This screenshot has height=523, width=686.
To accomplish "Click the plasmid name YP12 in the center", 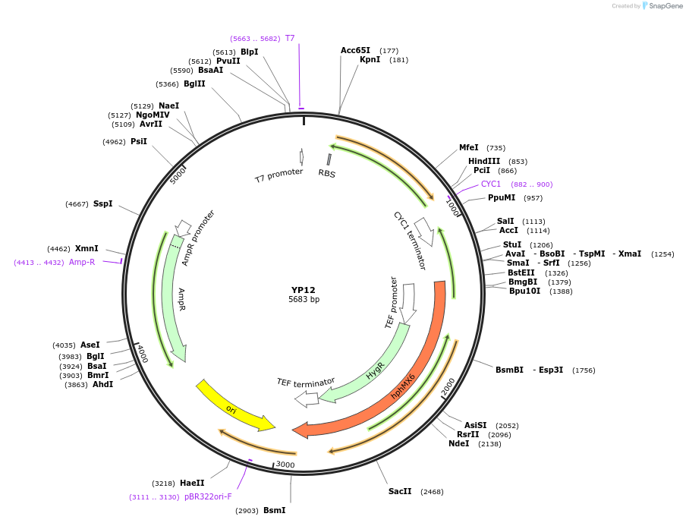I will pyautogui.click(x=303, y=290).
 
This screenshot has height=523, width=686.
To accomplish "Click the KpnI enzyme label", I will pyautogui.click(x=370, y=60).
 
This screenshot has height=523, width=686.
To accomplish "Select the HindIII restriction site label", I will pyautogui.click(x=484, y=161).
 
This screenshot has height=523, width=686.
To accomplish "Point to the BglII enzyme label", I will pyautogui.click(x=194, y=83).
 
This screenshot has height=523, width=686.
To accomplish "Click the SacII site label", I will pyautogui.click(x=400, y=491).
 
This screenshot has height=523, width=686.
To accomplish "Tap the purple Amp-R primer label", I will pyautogui.click(x=82, y=262).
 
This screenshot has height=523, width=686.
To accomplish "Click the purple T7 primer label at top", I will pyautogui.click(x=290, y=38).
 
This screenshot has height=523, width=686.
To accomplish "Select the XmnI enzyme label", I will pyautogui.click(x=87, y=248).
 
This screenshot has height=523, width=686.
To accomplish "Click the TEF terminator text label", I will pyautogui.click(x=306, y=382).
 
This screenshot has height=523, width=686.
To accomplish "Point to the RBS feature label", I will pyautogui.click(x=327, y=173).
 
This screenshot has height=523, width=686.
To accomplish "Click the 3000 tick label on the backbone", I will pyautogui.click(x=285, y=465).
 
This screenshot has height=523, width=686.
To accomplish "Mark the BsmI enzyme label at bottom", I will pyautogui.click(x=274, y=510).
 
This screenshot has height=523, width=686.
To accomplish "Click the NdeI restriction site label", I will pyautogui.click(x=459, y=443).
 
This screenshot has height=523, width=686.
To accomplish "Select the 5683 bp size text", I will pyautogui.click(x=304, y=300).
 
